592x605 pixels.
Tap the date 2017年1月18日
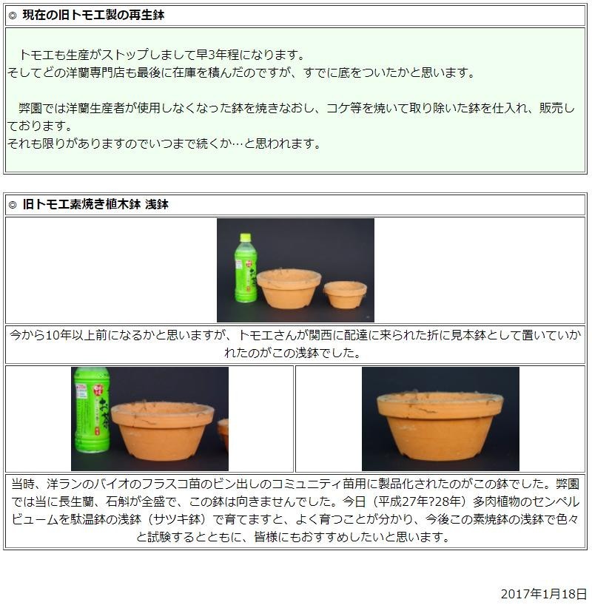click(x=543, y=594)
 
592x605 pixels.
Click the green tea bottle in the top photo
click(x=245, y=271)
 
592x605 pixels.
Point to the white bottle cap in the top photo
click(x=245, y=237)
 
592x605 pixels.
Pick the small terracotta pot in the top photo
click(x=345, y=294)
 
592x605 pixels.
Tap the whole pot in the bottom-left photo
click(x=162, y=431)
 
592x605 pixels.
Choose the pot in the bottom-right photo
click(x=440, y=426)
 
